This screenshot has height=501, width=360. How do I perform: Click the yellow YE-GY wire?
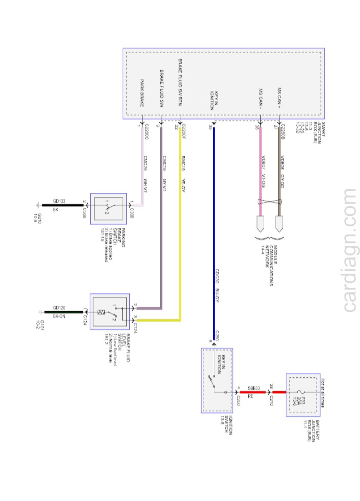[180, 227]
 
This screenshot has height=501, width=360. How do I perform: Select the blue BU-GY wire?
[214, 227]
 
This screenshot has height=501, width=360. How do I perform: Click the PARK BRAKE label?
[142, 93]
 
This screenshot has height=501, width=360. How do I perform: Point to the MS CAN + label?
[279, 98]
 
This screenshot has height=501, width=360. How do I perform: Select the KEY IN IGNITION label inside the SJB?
[214, 100]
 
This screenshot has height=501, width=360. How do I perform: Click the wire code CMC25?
[145, 163]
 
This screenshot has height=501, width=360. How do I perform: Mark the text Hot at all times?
[323, 393]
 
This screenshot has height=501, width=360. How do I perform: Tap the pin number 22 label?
[176, 128]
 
